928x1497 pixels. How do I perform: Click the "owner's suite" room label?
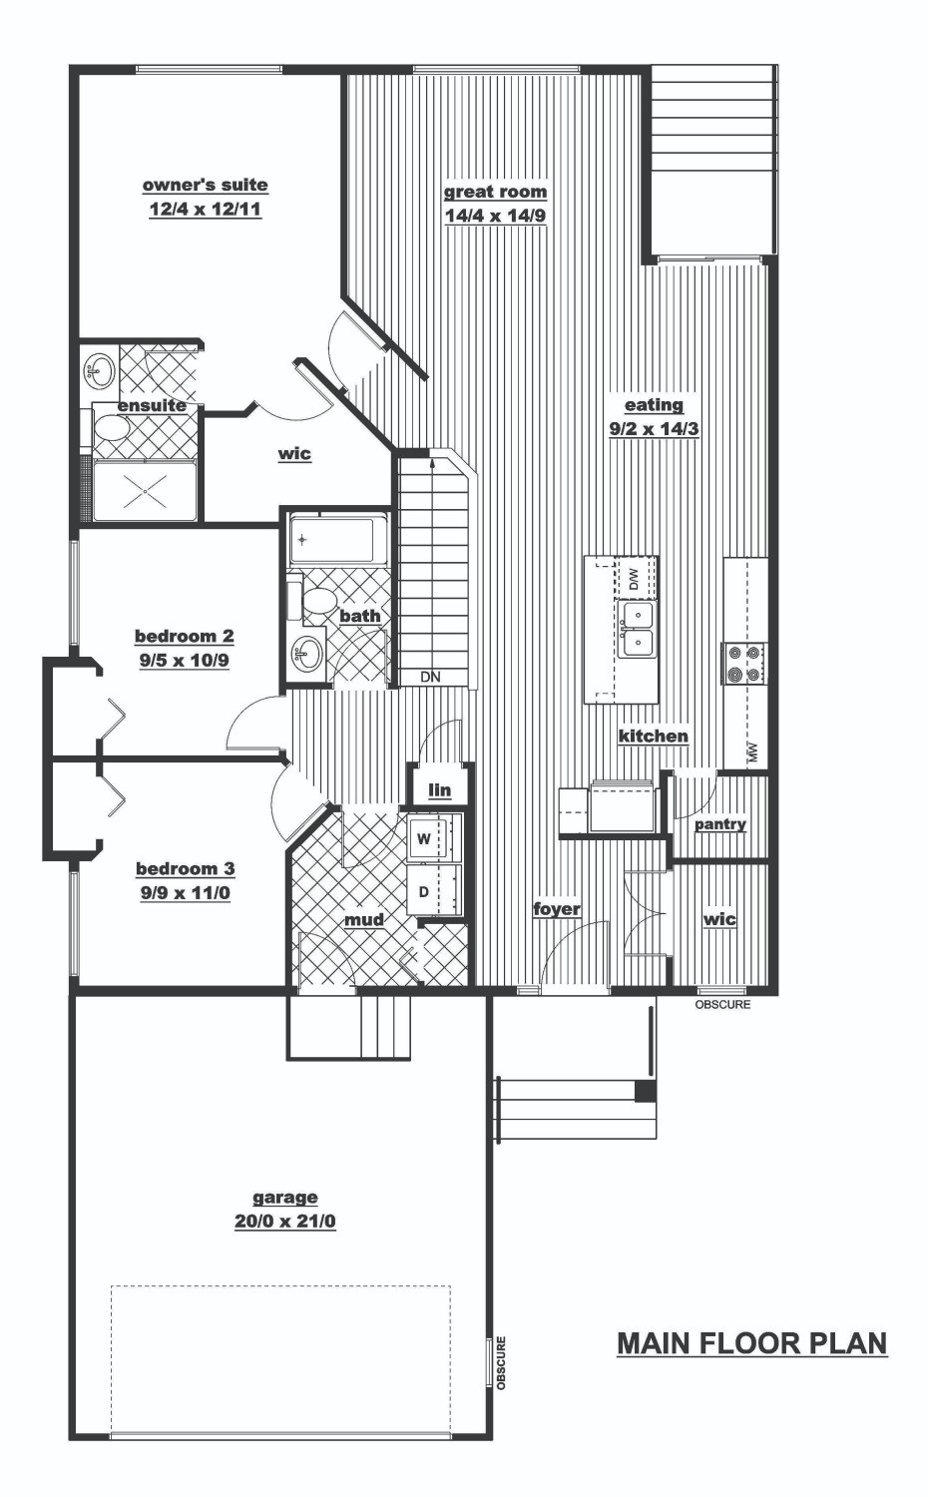tap(206, 185)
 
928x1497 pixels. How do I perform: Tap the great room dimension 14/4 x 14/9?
tap(495, 217)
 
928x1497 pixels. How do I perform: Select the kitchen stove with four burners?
tap(743, 663)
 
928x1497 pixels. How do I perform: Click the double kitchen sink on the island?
tap(637, 628)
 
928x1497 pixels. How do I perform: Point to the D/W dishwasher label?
tap(634, 578)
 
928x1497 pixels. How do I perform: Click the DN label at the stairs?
tap(431, 677)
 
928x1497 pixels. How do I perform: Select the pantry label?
tap(719, 824)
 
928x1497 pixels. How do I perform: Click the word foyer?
tap(557, 909)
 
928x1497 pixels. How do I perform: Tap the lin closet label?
tap(440, 790)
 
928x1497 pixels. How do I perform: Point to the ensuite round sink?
tap(100, 371)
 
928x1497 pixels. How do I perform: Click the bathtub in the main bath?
tap(338, 539)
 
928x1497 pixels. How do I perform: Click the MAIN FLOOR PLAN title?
tap(752, 1343)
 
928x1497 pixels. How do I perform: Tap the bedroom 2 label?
tap(185, 636)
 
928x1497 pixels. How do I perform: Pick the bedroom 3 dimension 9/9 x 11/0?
tap(185, 893)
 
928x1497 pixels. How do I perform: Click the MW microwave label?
tap(753, 752)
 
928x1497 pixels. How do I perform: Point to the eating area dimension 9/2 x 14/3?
tap(654, 429)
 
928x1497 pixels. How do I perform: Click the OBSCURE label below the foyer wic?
tap(722, 1004)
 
